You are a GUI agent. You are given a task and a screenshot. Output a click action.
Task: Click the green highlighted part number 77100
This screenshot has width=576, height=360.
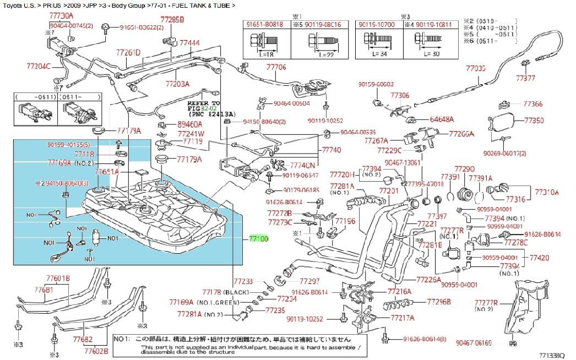click(258, 239)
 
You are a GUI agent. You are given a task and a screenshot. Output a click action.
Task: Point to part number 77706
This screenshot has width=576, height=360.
click(276, 67)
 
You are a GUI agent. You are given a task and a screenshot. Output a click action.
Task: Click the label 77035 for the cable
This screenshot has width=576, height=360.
click(476, 68)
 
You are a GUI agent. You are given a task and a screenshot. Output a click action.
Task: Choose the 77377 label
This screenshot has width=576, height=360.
click(525, 79)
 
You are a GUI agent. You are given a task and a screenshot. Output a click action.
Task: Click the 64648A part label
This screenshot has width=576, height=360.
click(442, 119)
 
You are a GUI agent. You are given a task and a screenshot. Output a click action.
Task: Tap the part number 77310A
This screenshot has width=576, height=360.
click(547, 192)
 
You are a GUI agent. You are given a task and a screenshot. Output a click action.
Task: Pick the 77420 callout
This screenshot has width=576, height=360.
click(539, 258)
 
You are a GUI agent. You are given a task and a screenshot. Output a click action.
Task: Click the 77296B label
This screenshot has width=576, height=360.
click(439, 302)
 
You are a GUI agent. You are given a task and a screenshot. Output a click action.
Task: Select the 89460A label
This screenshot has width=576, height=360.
click(190, 125)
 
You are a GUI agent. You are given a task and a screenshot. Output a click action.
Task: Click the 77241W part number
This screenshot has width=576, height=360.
click(191, 133)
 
